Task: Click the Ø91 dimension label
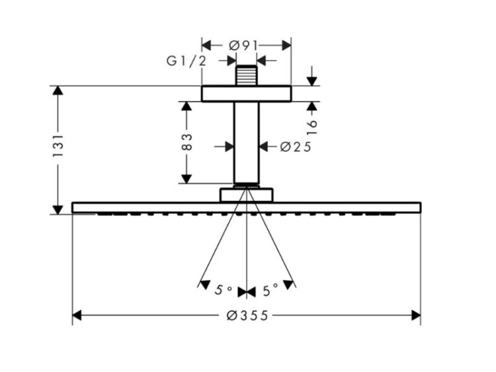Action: coord(243,46)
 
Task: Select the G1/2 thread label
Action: coord(186,61)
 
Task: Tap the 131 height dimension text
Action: coord(58,146)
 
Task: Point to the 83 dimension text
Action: coord(187,142)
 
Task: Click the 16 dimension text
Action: coord(312,128)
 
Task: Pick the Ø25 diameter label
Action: coord(296,147)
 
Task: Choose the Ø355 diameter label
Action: coord(247,315)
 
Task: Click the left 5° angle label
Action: coord(224,289)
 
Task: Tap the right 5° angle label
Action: coord(270,289)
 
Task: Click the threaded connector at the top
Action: coord(246,75)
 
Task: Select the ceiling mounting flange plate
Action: coord(246,94)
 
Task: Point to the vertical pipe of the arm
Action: coord(246,143)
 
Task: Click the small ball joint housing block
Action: coord(247,195)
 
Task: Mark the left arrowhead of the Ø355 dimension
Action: coord(77,315)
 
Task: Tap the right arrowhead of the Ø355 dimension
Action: coord(416,315)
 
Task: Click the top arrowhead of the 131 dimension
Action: coord(58,91)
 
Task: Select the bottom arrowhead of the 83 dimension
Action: coord(186,179)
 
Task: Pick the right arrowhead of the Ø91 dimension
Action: coord(286,46)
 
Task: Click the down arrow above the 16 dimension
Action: coord(312,81)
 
